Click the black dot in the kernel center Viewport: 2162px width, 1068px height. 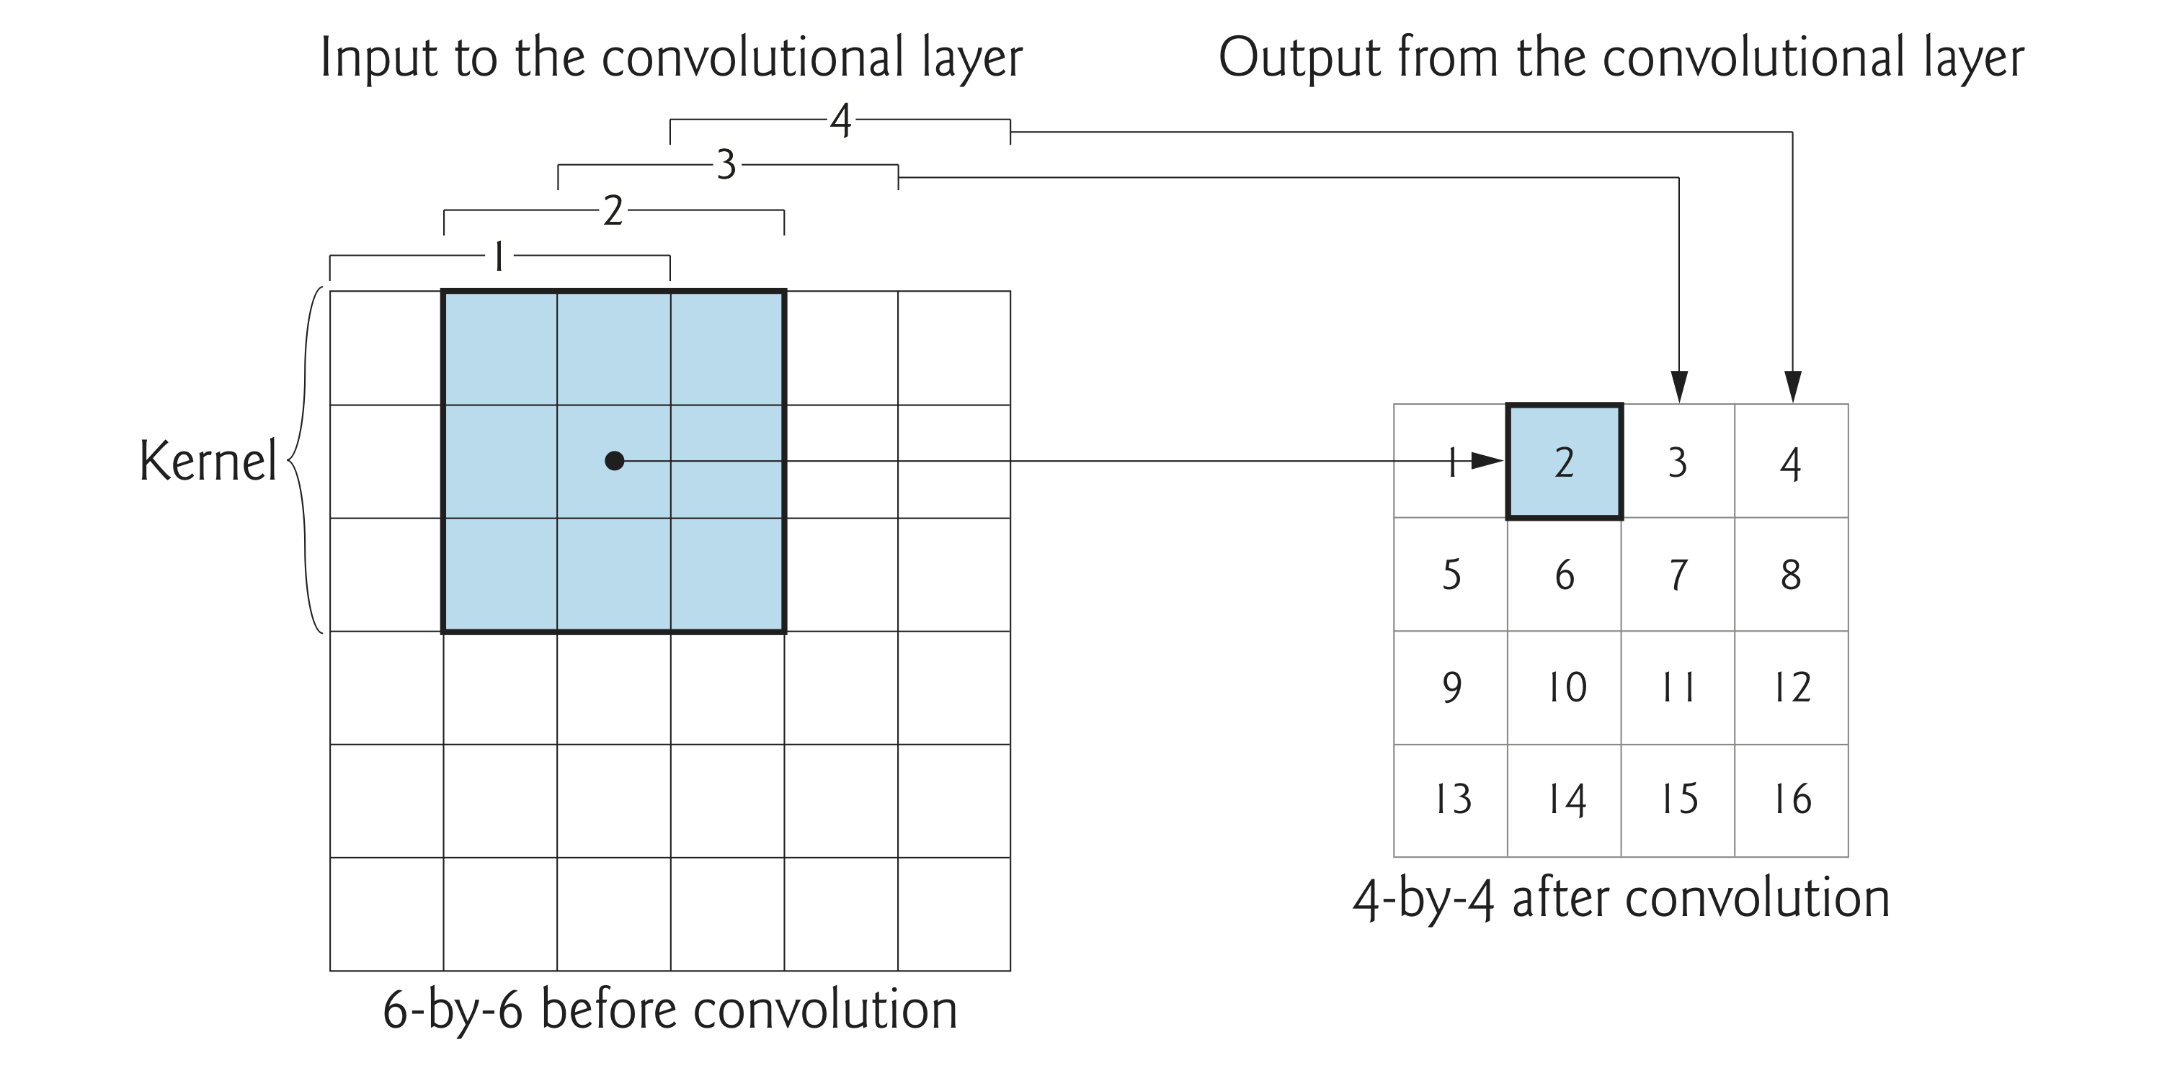click(614, 461)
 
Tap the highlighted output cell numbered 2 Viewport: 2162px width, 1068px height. click(1564, 462)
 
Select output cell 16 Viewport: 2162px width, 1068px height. click(1791, 799)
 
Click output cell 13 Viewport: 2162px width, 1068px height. click(1451, 799)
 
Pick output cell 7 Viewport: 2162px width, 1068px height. click(1678, 575)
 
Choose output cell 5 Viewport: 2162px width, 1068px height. click(1451, 575)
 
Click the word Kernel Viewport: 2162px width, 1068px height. click(208, 461)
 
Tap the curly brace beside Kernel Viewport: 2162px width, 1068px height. click(306, 461)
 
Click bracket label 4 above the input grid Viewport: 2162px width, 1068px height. click(840, 121)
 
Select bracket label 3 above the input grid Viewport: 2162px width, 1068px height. click(726, 165)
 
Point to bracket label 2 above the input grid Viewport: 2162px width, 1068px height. click(613, 210)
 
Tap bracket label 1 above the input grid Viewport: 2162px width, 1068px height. click(499, 256)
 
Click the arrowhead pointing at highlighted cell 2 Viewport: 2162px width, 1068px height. click(1487, 461)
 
